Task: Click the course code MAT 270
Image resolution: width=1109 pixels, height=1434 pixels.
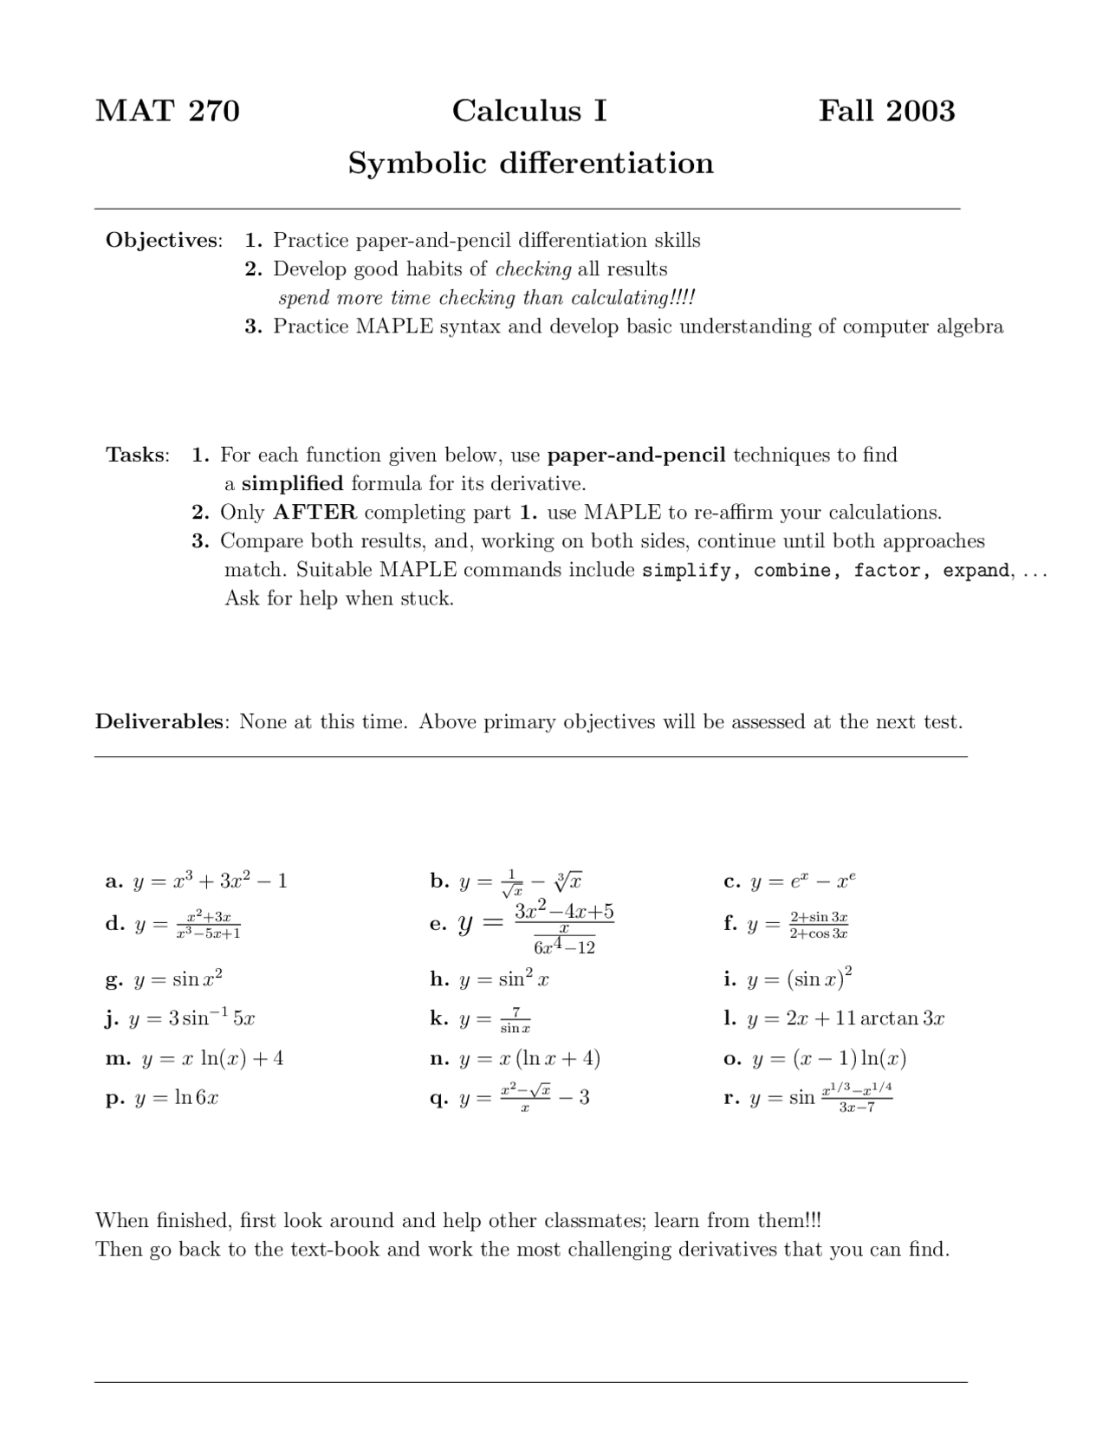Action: pos(167,111)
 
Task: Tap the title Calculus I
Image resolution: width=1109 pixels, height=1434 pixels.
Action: pos(529,111)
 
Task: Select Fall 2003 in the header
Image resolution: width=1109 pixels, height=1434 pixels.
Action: pos(886,111)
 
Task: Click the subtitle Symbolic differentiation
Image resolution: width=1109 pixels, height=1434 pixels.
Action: pos(530,163)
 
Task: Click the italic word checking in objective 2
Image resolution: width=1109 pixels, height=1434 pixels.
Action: pos(533,269)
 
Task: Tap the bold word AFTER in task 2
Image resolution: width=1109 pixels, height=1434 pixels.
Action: pos(315,513)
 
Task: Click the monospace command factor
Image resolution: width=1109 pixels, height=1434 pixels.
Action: pos(888,571)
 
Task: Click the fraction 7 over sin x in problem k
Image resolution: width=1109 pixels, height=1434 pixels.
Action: pos(515,1019)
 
